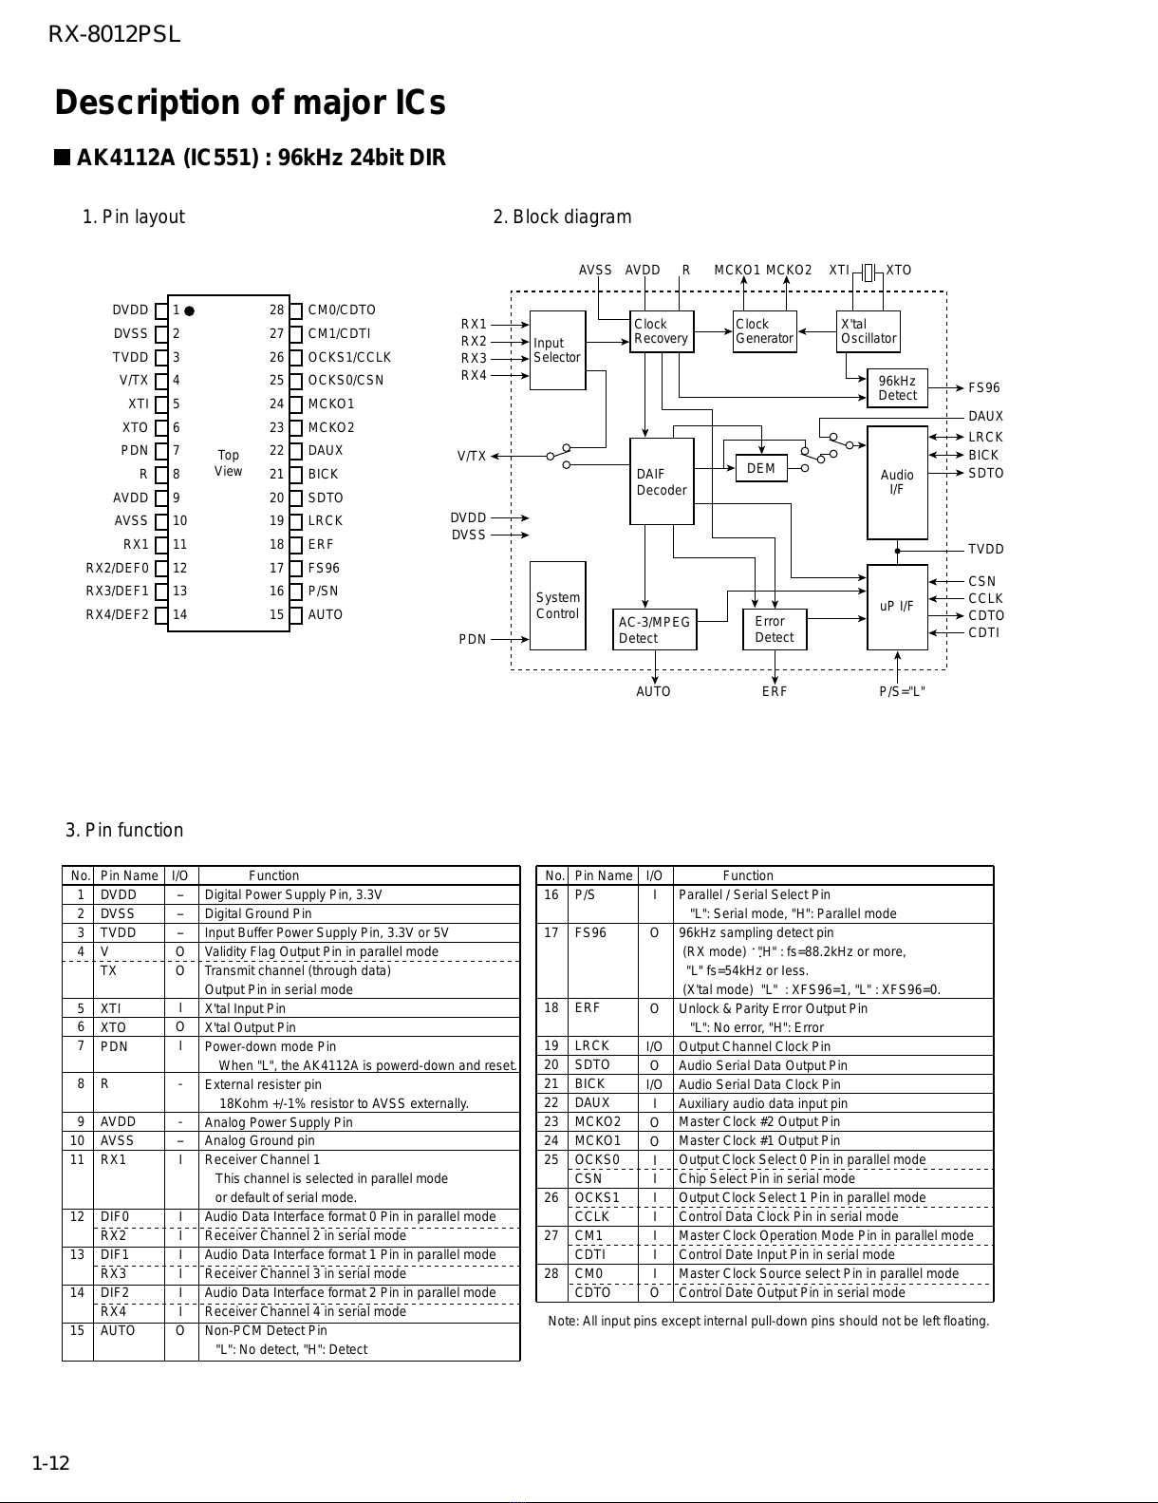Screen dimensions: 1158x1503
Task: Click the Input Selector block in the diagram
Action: coord(557,350)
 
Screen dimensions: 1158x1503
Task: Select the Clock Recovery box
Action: coord(662,331)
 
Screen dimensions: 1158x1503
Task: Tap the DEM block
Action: coord(761,468)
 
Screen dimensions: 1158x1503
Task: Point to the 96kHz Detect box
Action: coord(897,388)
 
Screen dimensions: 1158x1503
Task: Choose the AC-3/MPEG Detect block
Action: coord(655,629)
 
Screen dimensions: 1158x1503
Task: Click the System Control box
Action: coord(557,605)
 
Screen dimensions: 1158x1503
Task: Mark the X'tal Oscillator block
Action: coord(868,331)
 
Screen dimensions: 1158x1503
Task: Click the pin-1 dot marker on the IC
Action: coord(190,311)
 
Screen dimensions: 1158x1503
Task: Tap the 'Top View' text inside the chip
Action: coord(228,462)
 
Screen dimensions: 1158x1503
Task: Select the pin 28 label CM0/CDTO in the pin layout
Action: coord(342,310)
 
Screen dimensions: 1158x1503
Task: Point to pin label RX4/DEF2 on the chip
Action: coord(117,614)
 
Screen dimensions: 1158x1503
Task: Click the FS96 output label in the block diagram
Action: coord(983,388)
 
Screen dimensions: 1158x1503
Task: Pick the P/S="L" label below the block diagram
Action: coord(903,691)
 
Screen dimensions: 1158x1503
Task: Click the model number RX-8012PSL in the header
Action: coord(114,34)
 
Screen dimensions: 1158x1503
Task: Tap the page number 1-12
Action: coord(50,1463)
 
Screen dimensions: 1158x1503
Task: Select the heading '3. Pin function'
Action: coord(124,830)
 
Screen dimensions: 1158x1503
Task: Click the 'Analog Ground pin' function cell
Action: coord(259,1140)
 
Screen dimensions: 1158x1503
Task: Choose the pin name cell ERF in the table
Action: coord(588,1007)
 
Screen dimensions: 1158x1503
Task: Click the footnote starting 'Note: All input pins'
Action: coord(769,1321)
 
